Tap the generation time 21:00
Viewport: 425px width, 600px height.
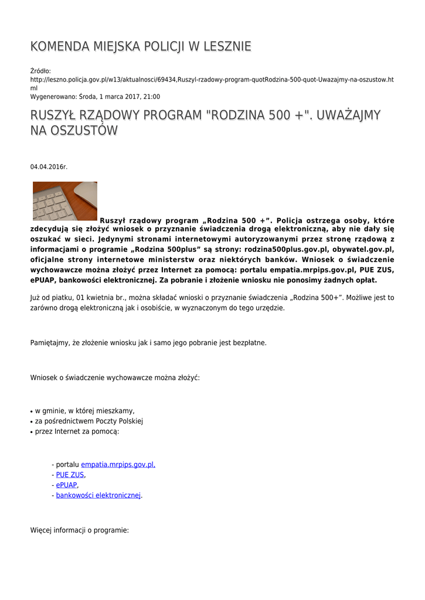(x=151, y=97)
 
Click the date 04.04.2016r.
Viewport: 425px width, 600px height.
(x=49, y=167)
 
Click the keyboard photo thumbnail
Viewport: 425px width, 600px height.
(x=64, y=201)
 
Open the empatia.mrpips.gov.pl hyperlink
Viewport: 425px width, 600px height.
(x=118, y=465)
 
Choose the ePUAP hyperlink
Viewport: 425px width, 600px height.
(x=66, y=485)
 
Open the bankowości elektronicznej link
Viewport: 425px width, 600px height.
(x=98, y=495)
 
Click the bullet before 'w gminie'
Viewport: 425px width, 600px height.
(x=32, y=411)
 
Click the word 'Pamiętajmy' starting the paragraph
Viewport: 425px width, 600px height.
(x=50, y=342)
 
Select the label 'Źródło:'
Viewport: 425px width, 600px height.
(x=40, y=71)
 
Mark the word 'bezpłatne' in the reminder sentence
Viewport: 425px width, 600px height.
(x=250, y=342)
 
